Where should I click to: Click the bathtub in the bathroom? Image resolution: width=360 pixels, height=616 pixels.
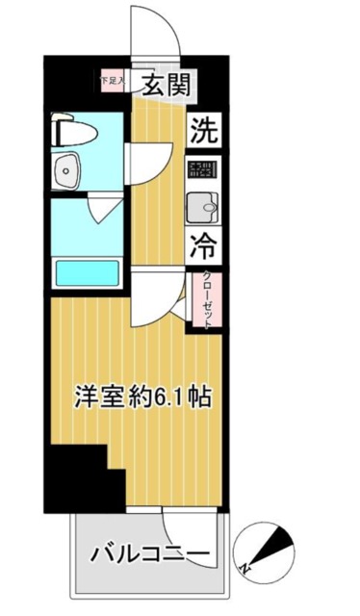point(88,271)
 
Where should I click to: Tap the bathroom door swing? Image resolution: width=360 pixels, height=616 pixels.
point(104,208)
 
